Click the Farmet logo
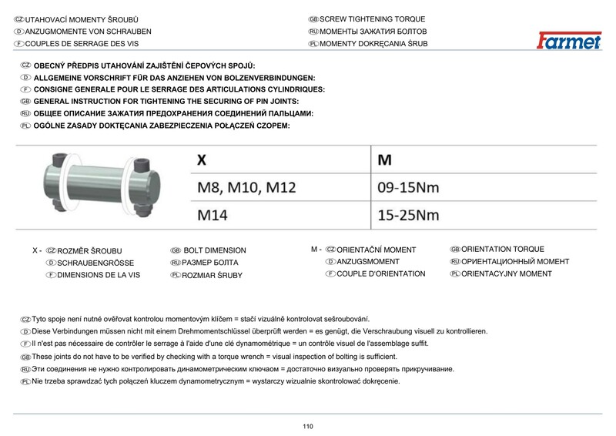(x=569, y=39)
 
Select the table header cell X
(x=202, y=160)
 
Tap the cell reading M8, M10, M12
(x=246, y=187)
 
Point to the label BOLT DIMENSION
(x=215, y=250)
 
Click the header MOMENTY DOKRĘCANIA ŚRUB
(x=373, y=44)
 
